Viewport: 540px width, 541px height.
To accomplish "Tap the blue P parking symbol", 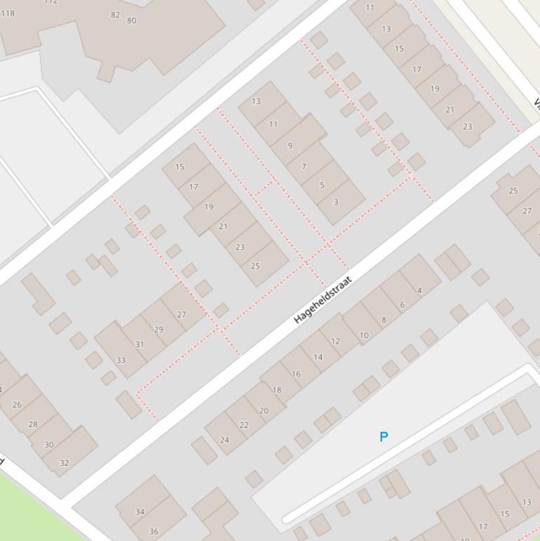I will point(383,436).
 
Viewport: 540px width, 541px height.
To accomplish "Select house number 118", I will point(8,13).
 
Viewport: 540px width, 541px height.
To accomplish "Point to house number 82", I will point(115,15).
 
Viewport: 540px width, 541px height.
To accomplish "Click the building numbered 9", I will point(290,145).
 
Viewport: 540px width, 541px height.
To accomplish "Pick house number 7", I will point(304,167).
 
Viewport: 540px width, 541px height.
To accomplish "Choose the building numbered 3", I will point(336,202).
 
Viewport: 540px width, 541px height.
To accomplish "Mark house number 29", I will point(159,329).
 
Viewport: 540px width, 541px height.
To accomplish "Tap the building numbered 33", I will point(121,360).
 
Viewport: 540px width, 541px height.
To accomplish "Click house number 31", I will point(140,344).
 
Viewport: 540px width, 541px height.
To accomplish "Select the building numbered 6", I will point(402,304).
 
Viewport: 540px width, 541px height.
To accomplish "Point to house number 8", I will point(383,320).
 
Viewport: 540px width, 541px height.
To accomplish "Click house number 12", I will point(335,341).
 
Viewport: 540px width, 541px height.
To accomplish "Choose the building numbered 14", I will point(318,357).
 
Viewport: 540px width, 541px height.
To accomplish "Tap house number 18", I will point(277,390).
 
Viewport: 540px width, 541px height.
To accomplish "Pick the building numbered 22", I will point(244,424).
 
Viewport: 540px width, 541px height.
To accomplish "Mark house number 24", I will point(225,440).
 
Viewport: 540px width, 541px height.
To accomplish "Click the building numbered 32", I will point(65,462).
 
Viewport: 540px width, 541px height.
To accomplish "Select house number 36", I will point(154,531).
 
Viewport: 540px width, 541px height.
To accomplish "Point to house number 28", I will point(33,424).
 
